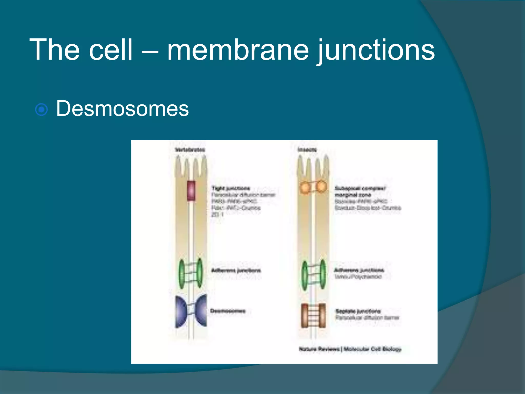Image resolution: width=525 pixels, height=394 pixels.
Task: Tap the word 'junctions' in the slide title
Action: click(x=376, y=50)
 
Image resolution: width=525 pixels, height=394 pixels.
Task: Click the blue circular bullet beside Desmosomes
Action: click(x=41, y=110)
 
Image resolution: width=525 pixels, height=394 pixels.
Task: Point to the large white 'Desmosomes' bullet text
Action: click(x=123, y=109)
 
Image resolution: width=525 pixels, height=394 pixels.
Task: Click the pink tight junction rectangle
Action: click(x=191, y=191)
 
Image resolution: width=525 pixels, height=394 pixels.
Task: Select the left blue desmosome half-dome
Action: click(x=181, y=311)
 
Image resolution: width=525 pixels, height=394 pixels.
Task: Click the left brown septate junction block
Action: click(x=305, y=316)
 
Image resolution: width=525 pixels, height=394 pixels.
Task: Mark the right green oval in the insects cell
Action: click(x=323, y=273)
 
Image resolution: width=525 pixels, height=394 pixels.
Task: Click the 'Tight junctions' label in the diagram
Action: click(x=231, y=189)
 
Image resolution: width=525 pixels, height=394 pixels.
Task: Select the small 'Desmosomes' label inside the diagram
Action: click(x=228, y=311)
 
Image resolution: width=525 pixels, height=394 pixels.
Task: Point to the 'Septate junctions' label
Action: click(x=358, y=311)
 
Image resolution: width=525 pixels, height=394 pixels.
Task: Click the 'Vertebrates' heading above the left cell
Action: click(x=190, y=150)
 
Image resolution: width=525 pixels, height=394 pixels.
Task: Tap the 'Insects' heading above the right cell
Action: click(x=307, y=150)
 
